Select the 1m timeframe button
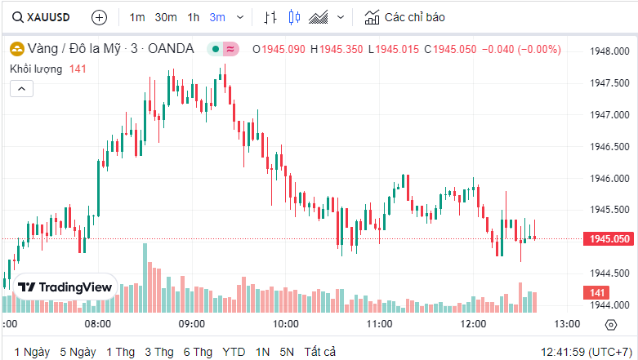click(137, 17)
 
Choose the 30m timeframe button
click(166, 17)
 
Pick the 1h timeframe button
click(193, 17)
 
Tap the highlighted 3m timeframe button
click(217, 17)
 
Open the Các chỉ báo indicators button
click(406, 17)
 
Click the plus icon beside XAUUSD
click(99, 17)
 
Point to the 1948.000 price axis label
click(609, 51)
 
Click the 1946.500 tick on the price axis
click(609, 146)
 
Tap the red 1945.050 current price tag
click(609, 239)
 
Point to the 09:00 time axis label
click(191, 324)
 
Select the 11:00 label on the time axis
click(379, 324)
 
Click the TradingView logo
click(66, 287)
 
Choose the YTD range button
click(234, 352)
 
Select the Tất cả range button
click(319, 352)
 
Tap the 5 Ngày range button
click(78, 352)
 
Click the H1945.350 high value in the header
click(337, 49)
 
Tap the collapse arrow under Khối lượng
click(21, 87)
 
